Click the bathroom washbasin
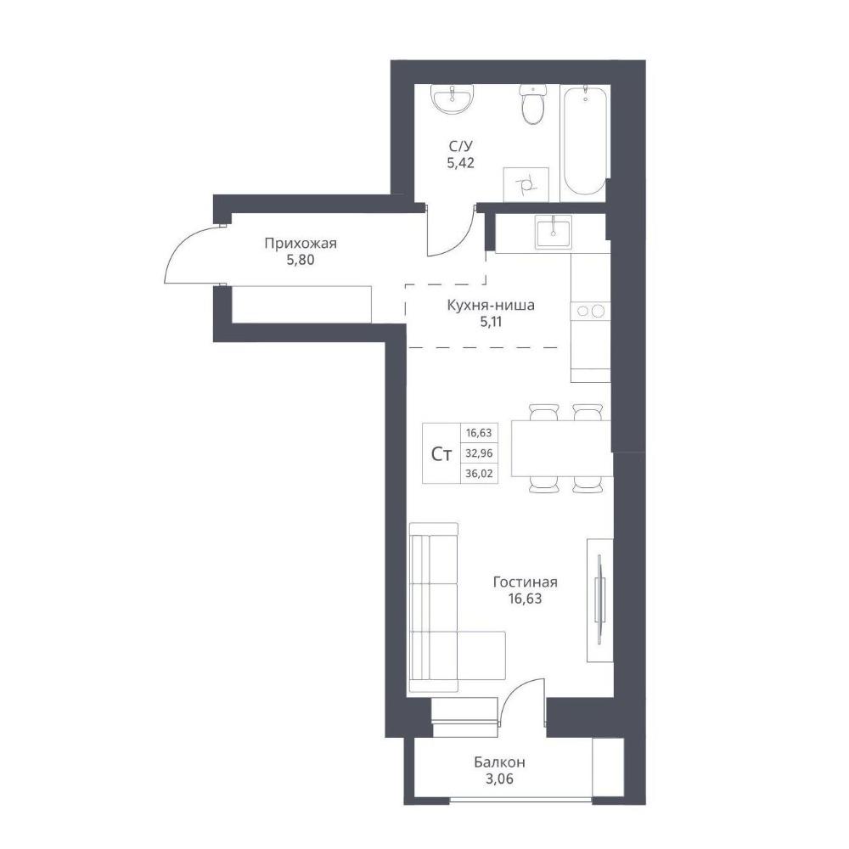pyautogui.click(x=453, y=99)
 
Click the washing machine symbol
pyautogui.click(x=526, y=184)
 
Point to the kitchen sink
pyautogui.click(x=553, y=231)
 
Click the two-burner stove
pyautogui.click(x=590, y=311)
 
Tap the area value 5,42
pyautogui.click(x=461, y=162)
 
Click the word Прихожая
pyautogui.click(x=301, y=244)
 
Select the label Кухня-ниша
pyautogui.click(x=491, y=305)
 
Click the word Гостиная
pyautogui.click(x=526, y=582)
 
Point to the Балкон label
pyautogui.click(x=499, y=762)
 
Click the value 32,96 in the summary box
pyautogui.click(x=479, y=453)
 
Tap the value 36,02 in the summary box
pyautogui.click(x=479, y=473)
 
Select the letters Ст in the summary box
pyautogui.click(x=441, y=453)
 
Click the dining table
pyautogui.click(x=561, y=448)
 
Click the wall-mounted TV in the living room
pyautogui.click(x=599, y=600)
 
